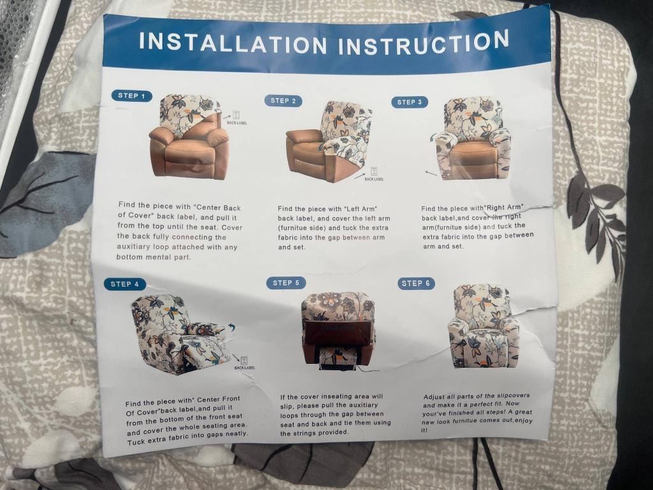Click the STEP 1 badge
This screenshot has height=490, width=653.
click(x=132, y=96)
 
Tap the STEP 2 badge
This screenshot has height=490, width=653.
click(x=283, y=101)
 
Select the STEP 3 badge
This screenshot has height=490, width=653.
click(x=410, y=102)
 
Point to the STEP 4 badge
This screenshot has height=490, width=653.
click(x=125, y=284)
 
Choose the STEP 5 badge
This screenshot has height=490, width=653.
click(x=286, y=283)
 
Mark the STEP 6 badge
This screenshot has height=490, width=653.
click(x=416, y=284)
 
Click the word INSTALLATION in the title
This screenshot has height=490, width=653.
click(x=233, y=43)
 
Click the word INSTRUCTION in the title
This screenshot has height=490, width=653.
click(x=424, y=43)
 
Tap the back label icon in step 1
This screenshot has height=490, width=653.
click(x=236, y=115)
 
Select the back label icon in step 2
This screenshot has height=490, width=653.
click(x=374, y=171)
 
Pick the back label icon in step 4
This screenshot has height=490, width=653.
click(x=244, y=361)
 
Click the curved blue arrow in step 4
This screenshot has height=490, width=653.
click(x=231, y=327)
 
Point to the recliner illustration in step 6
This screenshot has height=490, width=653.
click(x=482, y=326)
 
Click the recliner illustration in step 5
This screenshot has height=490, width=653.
click(x=338, y=331)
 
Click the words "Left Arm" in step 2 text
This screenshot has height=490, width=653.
click(x=360, y=209)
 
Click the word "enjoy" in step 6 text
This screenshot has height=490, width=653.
click(x=524, y=421)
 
